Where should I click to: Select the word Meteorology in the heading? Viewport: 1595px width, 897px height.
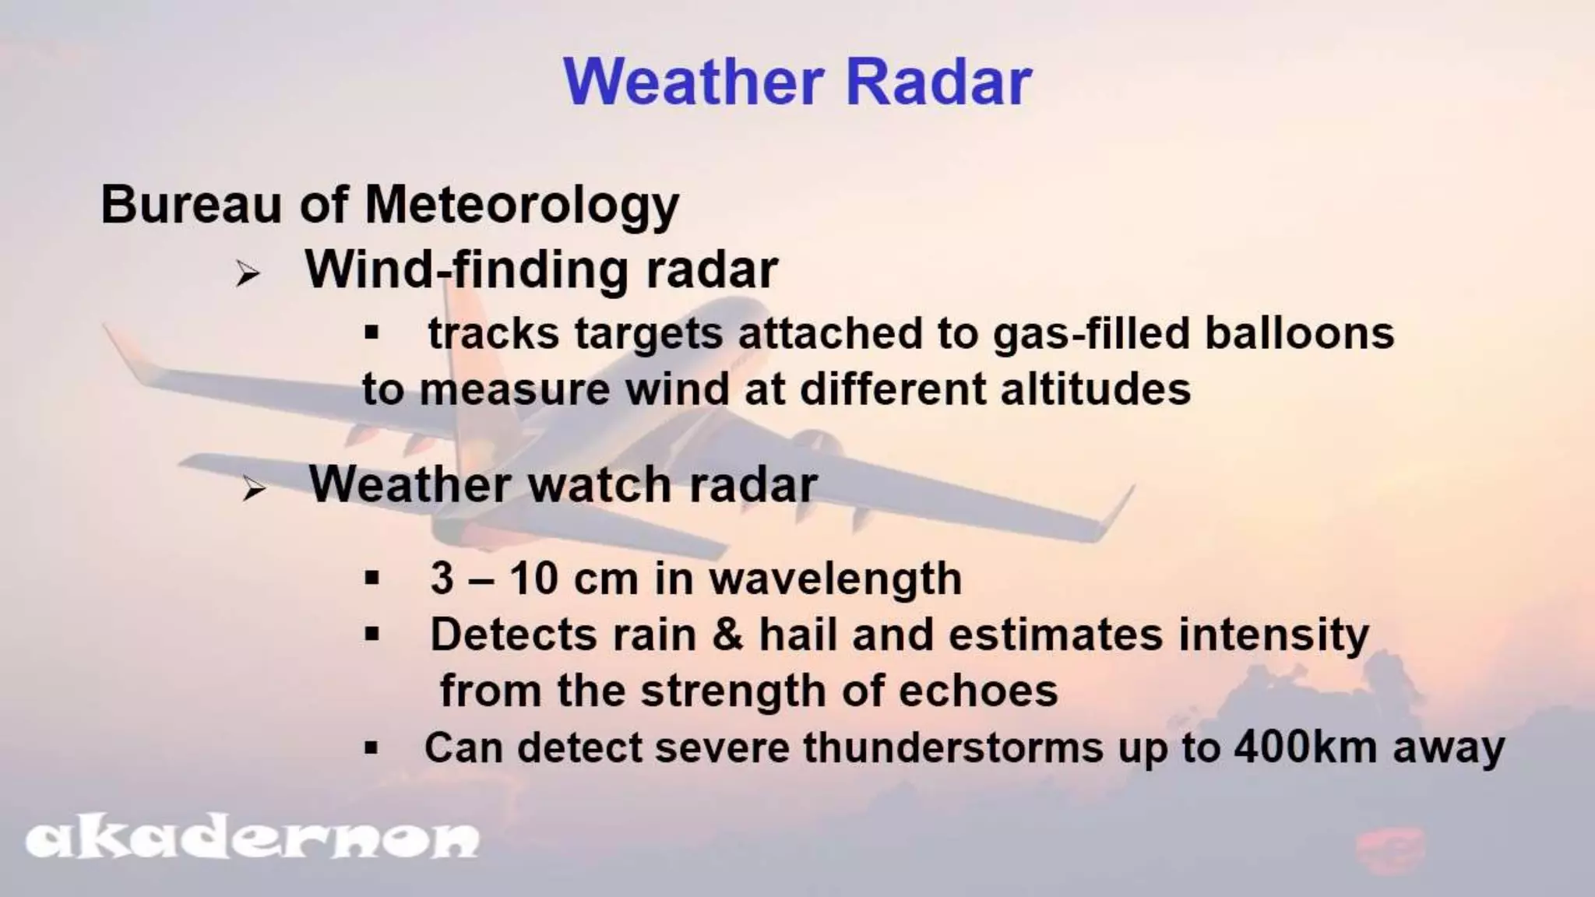pyautogui.click(x=522, y=206)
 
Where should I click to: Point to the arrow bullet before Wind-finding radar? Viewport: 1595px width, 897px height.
pyautogui.click(x=248, y=274)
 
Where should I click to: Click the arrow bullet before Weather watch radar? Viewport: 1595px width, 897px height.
pyautogui.click(x=253, y=491)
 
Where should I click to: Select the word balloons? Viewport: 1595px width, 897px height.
pyautogui.click(x=1299, y=333)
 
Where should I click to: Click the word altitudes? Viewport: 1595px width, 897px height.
pyautogui.click(x=1095, y=389)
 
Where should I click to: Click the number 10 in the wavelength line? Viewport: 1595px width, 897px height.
pyautogui.click(x=533, y=579)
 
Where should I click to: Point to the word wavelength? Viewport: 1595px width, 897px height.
pyautogui.click(x=835, y=579)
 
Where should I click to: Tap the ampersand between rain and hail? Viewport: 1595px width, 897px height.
pyautogui.click(x=727, y=635)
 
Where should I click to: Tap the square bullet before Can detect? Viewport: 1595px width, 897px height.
pyautogui.click(x=371, y=749)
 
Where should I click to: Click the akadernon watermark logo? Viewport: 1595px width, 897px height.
pyautogui.click(x=252, y=839)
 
